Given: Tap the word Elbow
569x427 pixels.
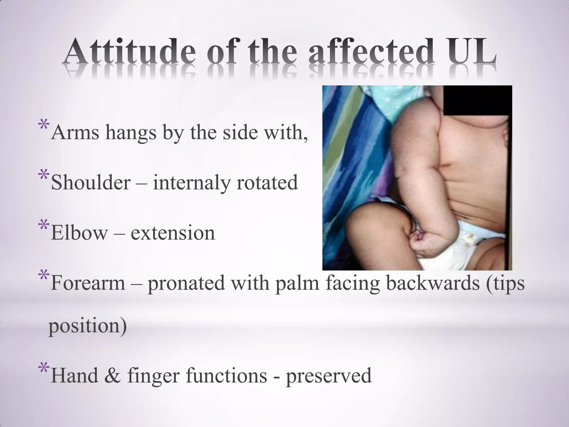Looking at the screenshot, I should click(x=79, y=233).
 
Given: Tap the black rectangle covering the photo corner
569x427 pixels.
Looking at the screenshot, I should click(x=477, y=100).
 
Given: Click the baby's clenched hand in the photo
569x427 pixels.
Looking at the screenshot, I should click(x=424, y=245).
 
